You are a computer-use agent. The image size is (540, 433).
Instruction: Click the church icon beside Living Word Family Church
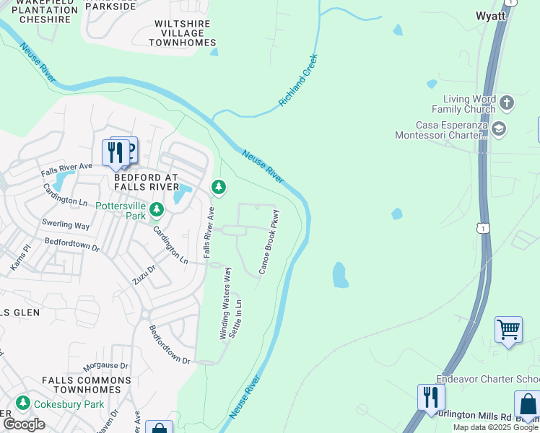click(506, 102)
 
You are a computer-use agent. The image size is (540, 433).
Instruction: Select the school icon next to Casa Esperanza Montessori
click(498, 129)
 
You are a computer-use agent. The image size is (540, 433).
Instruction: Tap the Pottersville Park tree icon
click(157, 210)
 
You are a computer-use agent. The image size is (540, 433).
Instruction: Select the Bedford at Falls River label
click(146, 181)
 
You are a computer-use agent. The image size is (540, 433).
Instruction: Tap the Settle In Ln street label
click(235, 318)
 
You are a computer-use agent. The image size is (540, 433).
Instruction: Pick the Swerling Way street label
click(66, 225)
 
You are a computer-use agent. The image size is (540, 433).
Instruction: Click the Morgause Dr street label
click(105, 366)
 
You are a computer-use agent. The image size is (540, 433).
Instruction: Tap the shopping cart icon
click(508, 330)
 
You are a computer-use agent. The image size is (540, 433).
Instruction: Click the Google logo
click(24, 424)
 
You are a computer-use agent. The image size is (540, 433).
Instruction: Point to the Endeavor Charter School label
click(488, 380)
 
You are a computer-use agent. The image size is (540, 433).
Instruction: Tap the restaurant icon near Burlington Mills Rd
click(431, 397)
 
